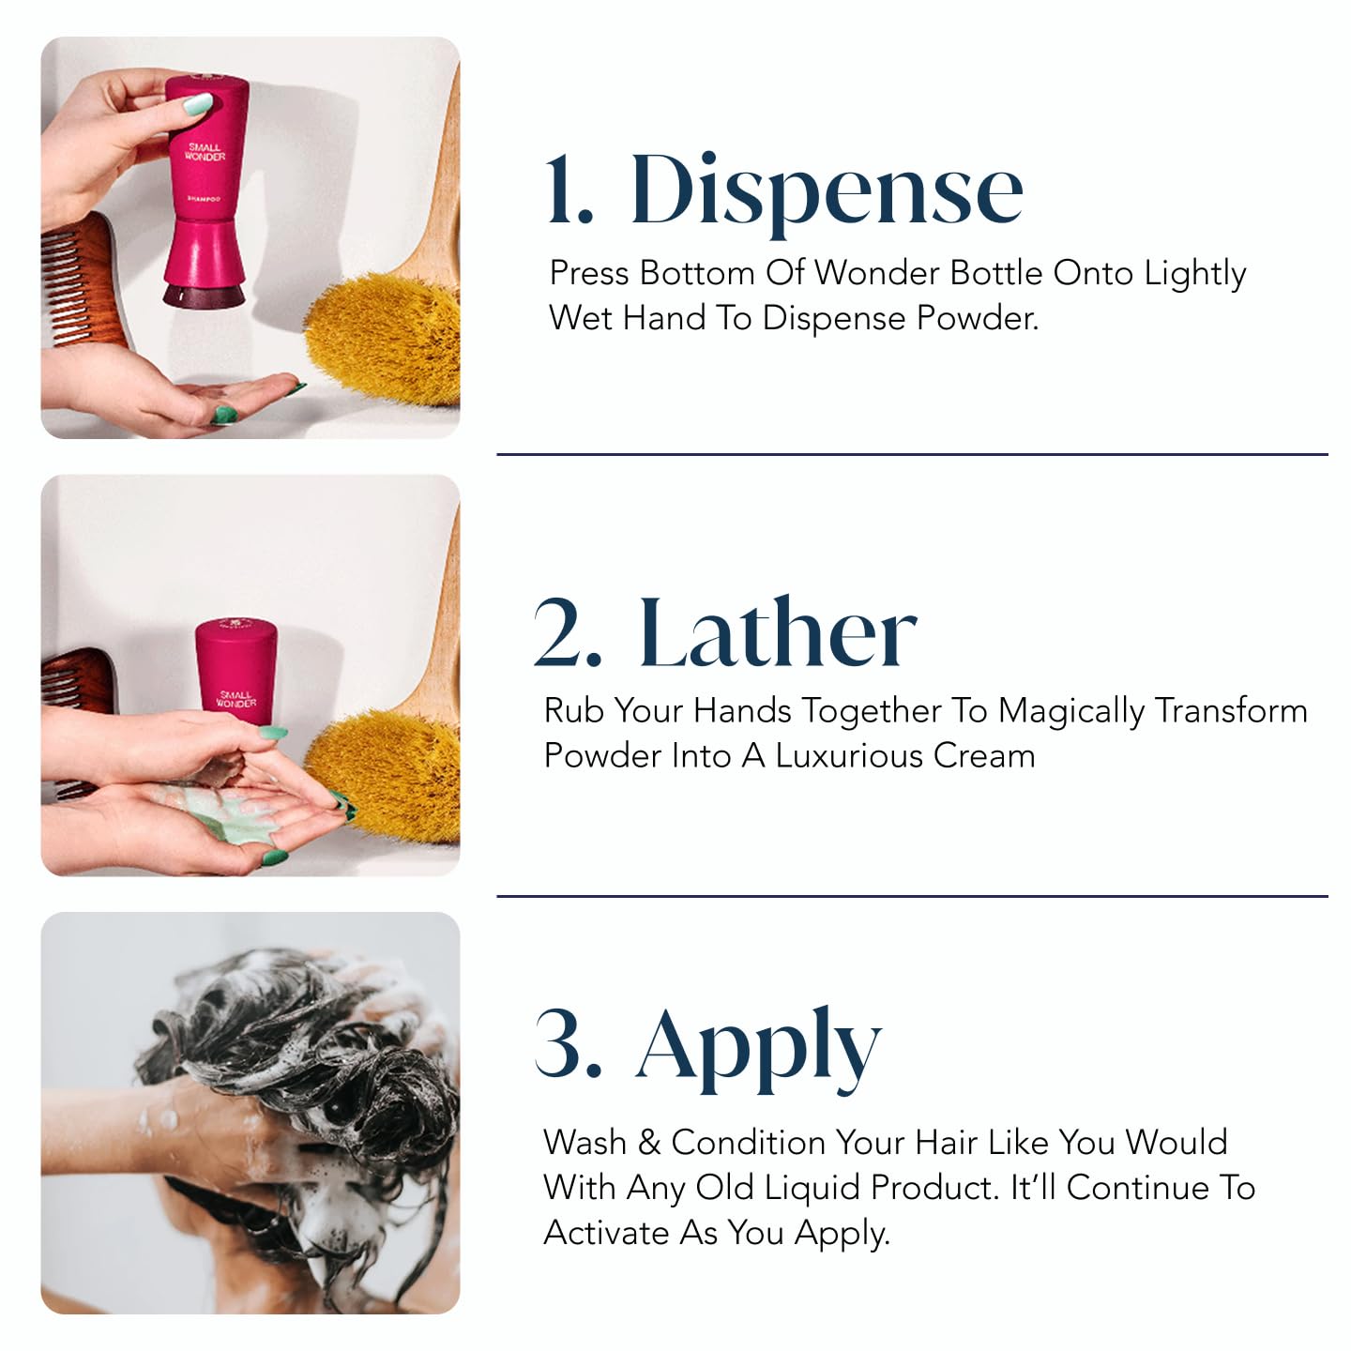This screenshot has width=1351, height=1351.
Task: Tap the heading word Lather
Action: [777, 634]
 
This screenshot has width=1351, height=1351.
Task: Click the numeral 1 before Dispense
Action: [569, 191]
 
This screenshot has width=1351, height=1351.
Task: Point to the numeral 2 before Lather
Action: [567, 634]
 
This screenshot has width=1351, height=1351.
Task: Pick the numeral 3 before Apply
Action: [567, 1043]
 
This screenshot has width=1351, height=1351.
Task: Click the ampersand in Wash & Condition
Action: [648, 1143]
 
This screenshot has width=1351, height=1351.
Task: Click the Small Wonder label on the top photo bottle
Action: [205, 152]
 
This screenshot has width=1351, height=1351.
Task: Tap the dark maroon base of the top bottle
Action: [205, 296]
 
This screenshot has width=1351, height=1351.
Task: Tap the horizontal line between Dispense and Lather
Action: [912, 455]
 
